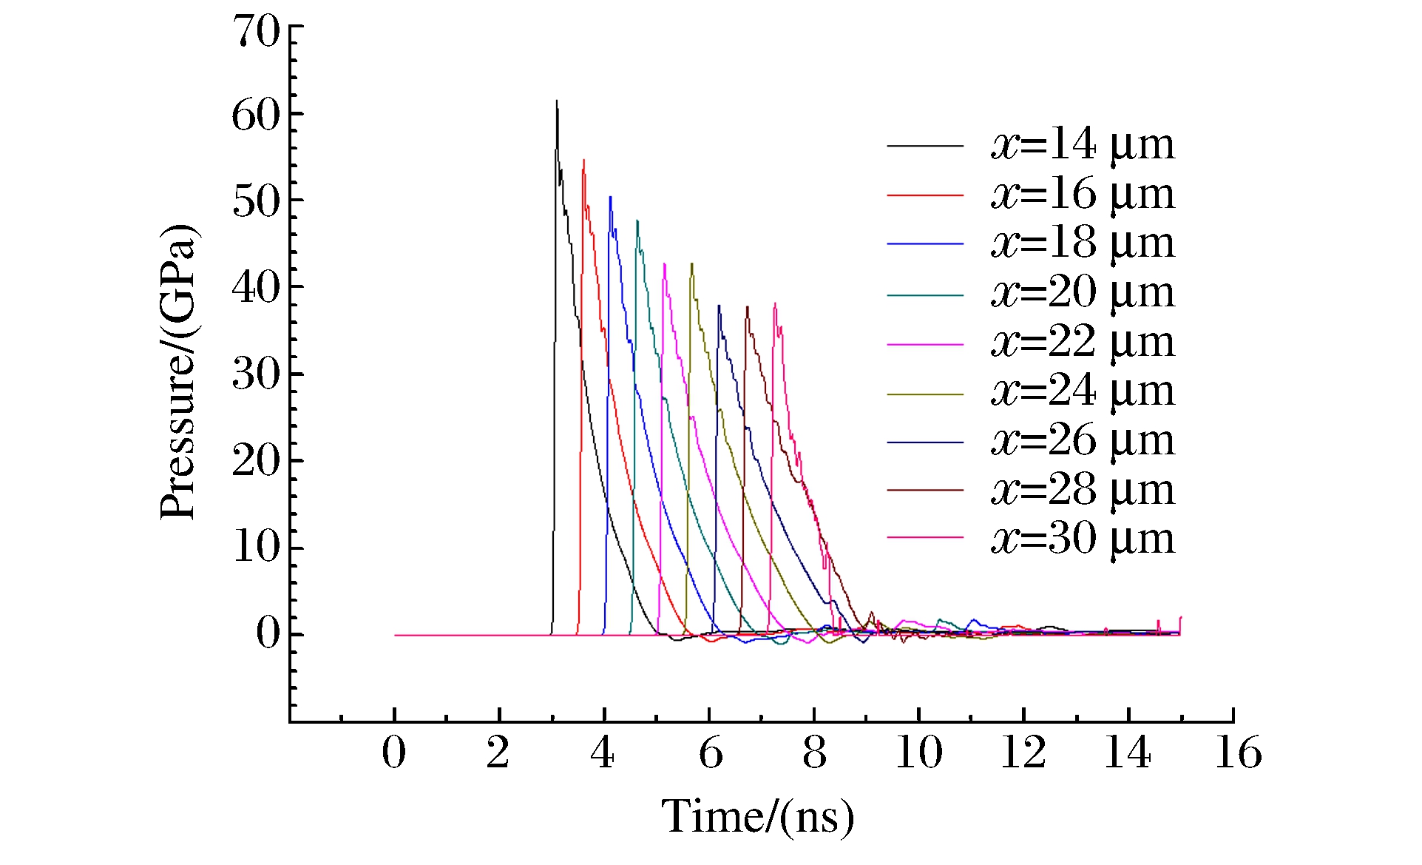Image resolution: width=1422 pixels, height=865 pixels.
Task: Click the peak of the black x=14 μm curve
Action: click(557, 101)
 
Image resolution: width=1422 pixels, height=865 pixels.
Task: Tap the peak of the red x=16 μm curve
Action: click(583, 161)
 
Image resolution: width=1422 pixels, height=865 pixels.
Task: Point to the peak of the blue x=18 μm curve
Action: click(610, 198)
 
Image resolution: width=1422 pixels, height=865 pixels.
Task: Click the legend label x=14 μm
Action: click(1083, 144)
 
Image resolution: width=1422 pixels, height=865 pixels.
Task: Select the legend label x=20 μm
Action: click(1083, 293)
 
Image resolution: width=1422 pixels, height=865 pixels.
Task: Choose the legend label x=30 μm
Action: click(1083, 539)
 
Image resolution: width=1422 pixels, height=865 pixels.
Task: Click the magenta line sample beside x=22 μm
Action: click(925, 345)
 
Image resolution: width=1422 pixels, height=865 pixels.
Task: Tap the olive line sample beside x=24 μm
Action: click(925, 394)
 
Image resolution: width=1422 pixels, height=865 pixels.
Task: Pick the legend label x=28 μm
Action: click(1083, 490)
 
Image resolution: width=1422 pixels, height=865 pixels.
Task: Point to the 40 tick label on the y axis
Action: click(256, 287)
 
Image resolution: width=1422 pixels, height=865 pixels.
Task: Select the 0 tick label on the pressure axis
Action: click(268, 633)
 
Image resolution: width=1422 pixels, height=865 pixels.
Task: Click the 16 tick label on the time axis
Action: click(1238, 753)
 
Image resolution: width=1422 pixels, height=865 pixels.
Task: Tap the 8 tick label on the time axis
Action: click(814, 753)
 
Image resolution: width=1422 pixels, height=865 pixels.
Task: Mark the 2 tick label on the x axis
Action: click(498, 753)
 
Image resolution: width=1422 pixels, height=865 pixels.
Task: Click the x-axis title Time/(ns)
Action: click(757, 818)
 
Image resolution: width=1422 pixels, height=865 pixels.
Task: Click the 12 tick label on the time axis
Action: click(1023, 753)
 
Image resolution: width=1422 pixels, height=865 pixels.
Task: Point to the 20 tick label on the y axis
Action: click(256, 461)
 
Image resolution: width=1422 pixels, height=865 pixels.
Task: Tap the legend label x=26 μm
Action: click(1083, 441)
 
